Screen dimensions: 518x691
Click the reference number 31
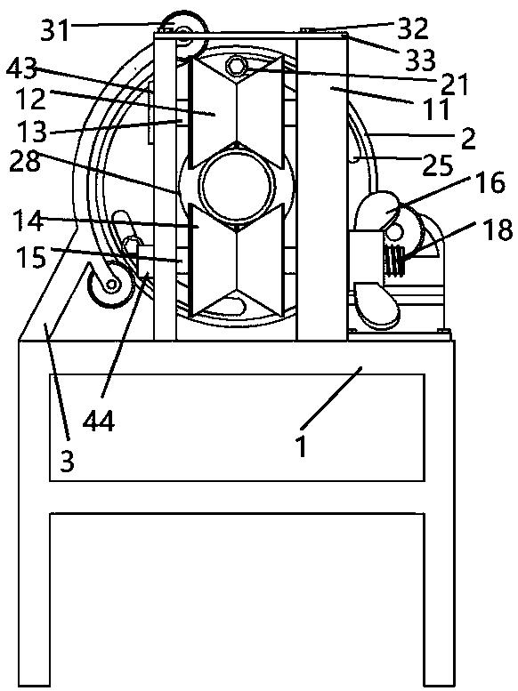[x=55, y=30]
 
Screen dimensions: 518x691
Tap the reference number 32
[x=413, y=29]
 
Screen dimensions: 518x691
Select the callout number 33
[x=420, y=60]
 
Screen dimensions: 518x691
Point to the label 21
[x=454, y=84]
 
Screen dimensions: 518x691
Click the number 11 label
[x=437, y=109]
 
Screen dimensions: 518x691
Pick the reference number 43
[x=21, y=69]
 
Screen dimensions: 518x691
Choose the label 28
[x=25, y=161]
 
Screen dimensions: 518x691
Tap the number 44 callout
[x=99, y=421]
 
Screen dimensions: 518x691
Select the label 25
[x=438, y=165]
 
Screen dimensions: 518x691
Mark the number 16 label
[x=490, y=183]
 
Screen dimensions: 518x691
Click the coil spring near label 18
[x=394, y=261]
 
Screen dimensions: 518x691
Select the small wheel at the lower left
[x=110, y=285]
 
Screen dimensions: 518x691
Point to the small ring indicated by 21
[x=236, y=66]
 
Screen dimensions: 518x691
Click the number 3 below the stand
[x=67, y=462]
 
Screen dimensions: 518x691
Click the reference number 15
[x=31, y=257]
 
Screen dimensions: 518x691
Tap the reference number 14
[x=28, y=221]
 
